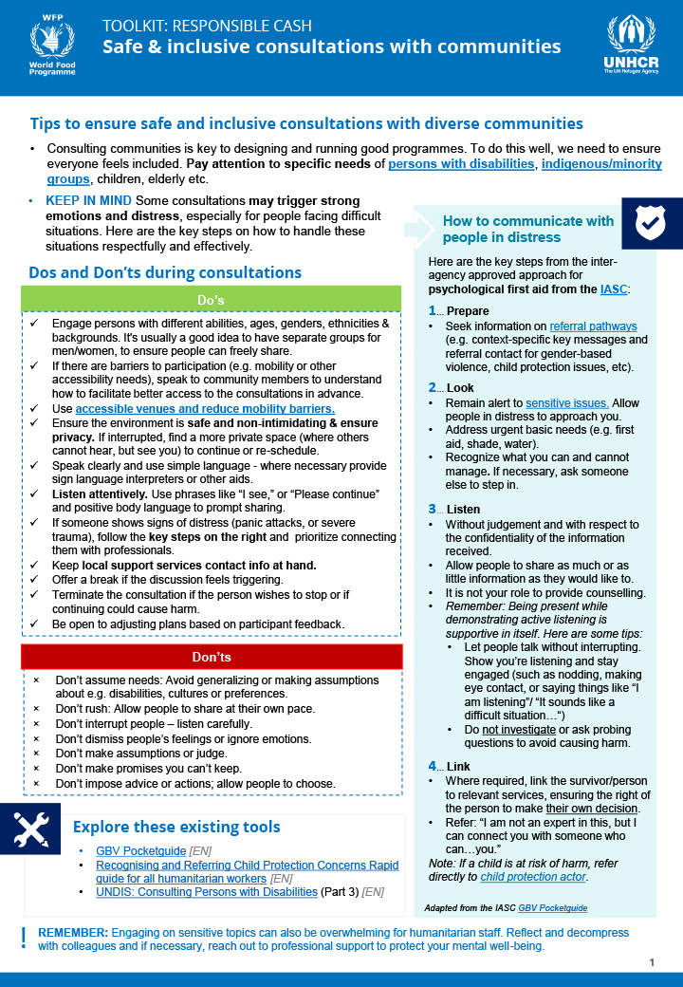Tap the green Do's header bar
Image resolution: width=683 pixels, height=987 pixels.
(211, 300)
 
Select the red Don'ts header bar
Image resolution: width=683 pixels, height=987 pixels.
(211, 657)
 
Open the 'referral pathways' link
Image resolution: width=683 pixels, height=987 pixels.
(593, 326)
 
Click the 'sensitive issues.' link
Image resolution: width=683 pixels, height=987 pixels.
(566, 403)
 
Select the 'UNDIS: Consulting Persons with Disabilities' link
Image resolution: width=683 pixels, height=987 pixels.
(206, 892)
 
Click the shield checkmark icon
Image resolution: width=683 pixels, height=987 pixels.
(651, 224)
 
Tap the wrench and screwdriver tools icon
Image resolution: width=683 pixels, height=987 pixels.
(30, 829)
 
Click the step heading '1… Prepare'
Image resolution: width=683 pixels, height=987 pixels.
(459, 310)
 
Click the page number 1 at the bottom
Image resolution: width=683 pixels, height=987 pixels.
(653, 962)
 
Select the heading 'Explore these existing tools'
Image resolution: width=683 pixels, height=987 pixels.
(176, 827)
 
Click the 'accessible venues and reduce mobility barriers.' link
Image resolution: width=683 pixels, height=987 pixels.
(205, 408)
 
